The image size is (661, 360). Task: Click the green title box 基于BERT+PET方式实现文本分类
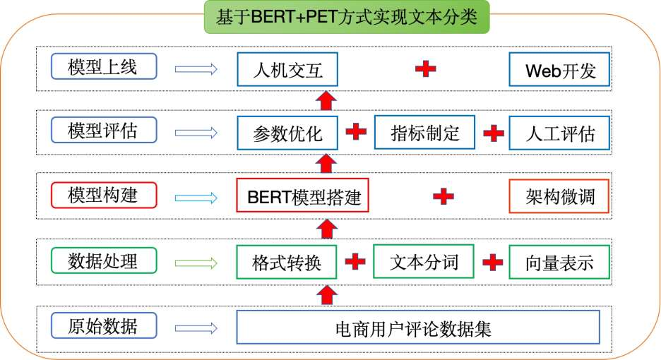pyautogui.click(x=347, y=17)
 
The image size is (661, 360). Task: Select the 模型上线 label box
pyautogui.click(x=104, y=66)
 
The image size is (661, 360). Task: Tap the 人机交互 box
pyautogui.click(x=287, y=69)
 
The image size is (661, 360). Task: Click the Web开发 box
pyautogui.click(x=559, y=70)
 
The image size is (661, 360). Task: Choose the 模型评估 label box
pyautogui.click(x=104, y=131)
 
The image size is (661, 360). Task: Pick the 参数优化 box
pyautogui.click(x=287, y=133)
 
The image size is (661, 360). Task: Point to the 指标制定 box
pyautogui.click(x=424, y=133)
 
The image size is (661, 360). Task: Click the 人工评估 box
pyautogui.click(x=559, y=133)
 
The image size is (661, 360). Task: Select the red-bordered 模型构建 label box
pyautogui.click(x=104, y=195)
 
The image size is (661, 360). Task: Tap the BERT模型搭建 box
pyautogui.click(x=303, y=195)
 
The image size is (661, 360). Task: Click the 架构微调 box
pyautogui.click(x=559, y=196)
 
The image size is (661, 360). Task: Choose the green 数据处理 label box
pyautogui.click(x=104, y=260)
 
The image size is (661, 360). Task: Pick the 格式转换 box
pyautogui.click(x=287, y=262)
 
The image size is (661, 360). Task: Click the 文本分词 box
pyautogui.click(x=424, y=261)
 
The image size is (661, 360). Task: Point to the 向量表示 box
pyautogui.click(x=559, y=262)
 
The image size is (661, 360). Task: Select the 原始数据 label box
pyautogui.click(x=104, y=325)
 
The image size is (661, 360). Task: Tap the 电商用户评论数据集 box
pyautogui.click(x=418, y=328)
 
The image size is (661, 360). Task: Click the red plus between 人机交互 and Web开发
pyautogui.click(x=425, y=68)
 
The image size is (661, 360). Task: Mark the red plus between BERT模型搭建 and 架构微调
pyautogui.click(x=443, y=196)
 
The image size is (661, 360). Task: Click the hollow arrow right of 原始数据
pyautogui.click(x=196, y=328)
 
